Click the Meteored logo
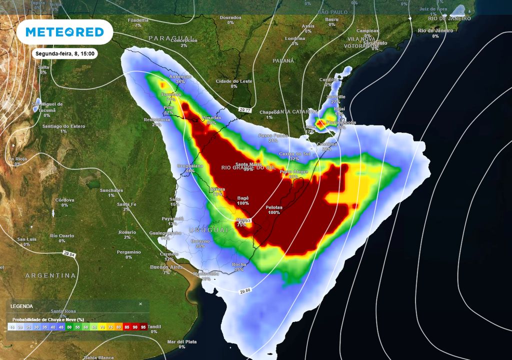click(64, 32)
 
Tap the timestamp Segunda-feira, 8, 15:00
click(65, 53)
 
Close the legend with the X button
click(140, 303)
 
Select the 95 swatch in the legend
click(144, 327)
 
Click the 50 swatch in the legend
click(69, 327)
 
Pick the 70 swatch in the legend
click(102, 327)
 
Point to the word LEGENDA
click(21, 306)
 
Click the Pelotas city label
click(273, 207)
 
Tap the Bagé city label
click(243, 198)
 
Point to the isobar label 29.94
click(69, 254)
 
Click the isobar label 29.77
click(244, 109)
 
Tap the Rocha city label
click(239, 264)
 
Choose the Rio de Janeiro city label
click(435, 30)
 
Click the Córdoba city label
click(64, 199)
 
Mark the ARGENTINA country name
click(50, 275)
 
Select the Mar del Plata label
click(182, 341)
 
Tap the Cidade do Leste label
click(234, 81)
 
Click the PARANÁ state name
click(283, 60)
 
